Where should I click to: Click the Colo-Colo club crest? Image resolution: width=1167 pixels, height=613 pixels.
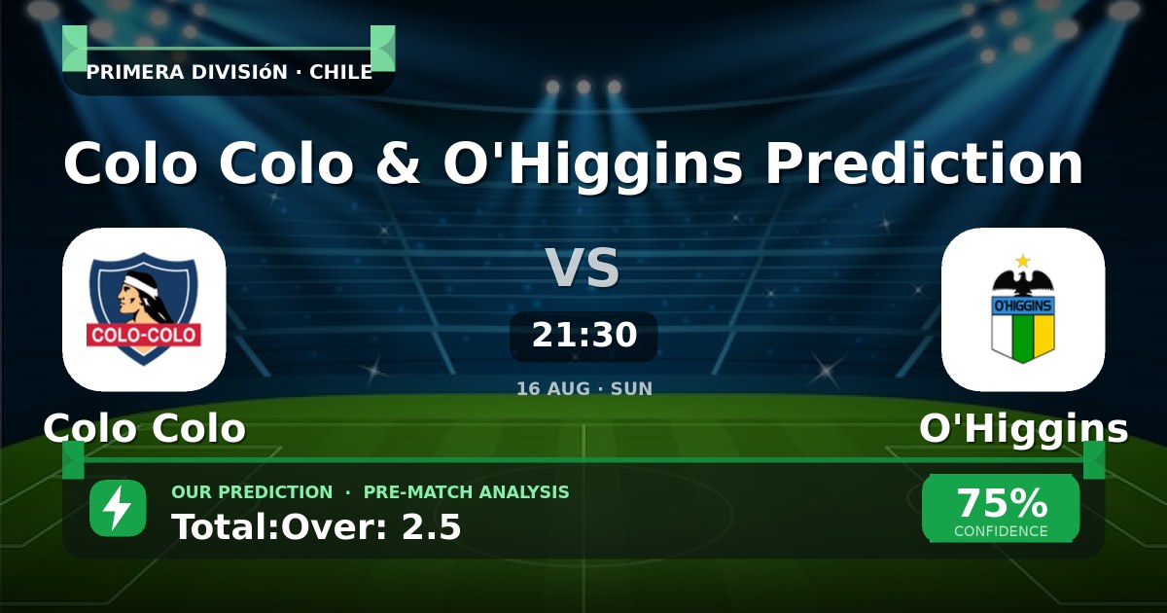pyautogui.click(x=144, y=308)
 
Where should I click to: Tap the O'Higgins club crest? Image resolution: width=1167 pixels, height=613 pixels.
pyautogui.click(x=1023, y=309)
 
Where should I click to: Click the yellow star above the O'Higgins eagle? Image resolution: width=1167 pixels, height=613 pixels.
pyautogui.click(x=1023, y=261)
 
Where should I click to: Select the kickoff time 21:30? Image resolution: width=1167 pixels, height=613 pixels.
pyautogui.click(x=584, y=335)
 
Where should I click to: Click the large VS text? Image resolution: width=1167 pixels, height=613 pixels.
pyautogui.click(x=583, y=268)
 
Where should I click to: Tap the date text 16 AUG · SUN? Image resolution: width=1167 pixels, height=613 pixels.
pyautogui.click(x=584, y=389)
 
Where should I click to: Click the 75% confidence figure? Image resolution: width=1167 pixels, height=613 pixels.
pyautogui.click(x=1002, y=502)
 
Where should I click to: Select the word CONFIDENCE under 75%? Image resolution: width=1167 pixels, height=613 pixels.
pyautogui.click(x=1001, y=531)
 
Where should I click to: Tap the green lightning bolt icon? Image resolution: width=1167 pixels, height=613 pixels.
pyautogui.click(x=118, y=508)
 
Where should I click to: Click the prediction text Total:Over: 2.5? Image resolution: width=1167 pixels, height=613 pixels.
pyautogui.click(x=316, y=526)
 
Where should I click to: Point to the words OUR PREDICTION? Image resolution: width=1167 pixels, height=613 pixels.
pyautogui.click(x=252, y=492)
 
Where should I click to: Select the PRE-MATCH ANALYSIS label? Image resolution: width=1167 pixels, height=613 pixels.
pyautogui.click(x=466, y=492)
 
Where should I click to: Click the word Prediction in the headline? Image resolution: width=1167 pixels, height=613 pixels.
pyautogui.click(x=924, y=163)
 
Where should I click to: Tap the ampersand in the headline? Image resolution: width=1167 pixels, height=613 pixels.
pyautogui.click(x=398, y=163)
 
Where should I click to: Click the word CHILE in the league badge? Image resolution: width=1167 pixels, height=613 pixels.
pyautogui.click(x=340, y=72)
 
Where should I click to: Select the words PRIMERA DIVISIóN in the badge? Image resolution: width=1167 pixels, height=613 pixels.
pyautogui.click(x=187, y=72)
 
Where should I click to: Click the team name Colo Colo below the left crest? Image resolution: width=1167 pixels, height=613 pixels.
pyautogui.click(x=144, y=428)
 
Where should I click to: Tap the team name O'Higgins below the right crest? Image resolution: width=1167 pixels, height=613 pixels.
pyautogui.click(x=1023, y=429)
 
